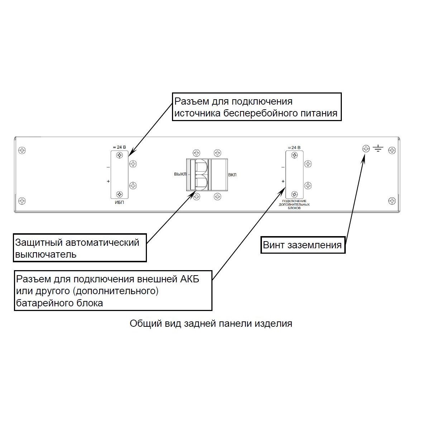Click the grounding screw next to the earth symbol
[x=366, y=149]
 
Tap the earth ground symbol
[x=378, y=148]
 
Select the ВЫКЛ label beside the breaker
[x=180, y=174]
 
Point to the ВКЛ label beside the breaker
[x=232, y=175]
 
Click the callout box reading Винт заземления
[x=303, y=245]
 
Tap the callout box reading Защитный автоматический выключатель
[x=80, y=248]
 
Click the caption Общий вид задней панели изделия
[x=211, y=324]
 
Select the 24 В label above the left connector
[x=119, y=147]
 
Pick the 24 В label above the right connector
[x=294, y=147]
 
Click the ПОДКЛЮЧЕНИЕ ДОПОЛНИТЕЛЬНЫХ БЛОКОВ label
[x=294, y=204]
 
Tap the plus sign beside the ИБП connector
[x=108, y=182]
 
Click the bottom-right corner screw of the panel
[x=392, y=200]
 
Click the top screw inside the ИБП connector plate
[x=120, y=155]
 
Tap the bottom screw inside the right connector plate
[x=294, y=194]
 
